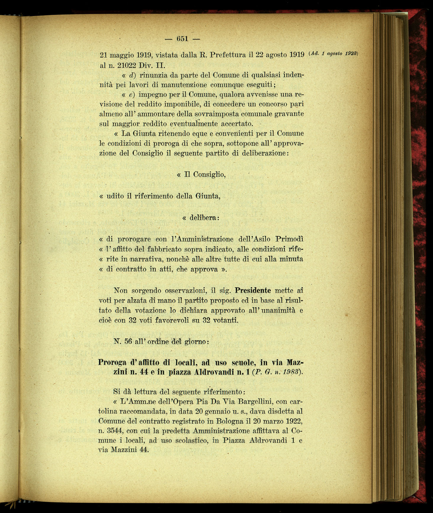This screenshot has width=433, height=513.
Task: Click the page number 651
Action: tap(182, 39)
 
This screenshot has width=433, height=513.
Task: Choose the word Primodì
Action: tap(289, 239)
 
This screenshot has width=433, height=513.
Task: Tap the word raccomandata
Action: tap(142, 412)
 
